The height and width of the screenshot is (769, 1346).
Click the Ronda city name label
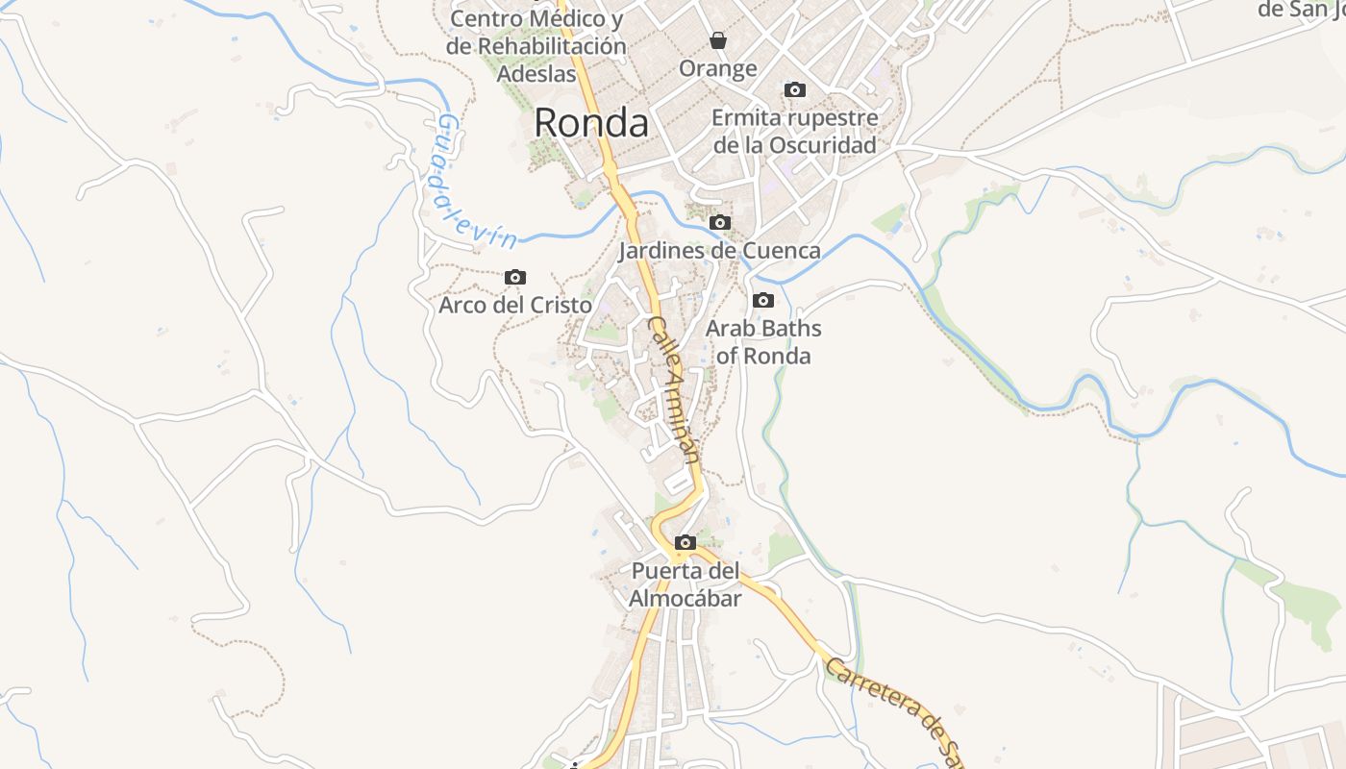(x=591, y=123)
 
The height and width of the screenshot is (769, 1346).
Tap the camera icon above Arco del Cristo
(x=515, y=278)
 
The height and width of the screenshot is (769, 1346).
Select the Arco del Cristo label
(x=515, y=305)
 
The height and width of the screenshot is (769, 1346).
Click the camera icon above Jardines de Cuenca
(x=719, y=223)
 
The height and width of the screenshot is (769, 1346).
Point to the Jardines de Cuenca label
(x=719, y=251)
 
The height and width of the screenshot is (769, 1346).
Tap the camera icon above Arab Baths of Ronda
(x=763, y=300)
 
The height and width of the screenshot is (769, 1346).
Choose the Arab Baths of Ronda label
(x=763, y=341)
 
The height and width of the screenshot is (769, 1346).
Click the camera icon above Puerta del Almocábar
(x=685, y=543)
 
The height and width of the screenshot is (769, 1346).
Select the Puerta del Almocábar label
(x=685, y=584)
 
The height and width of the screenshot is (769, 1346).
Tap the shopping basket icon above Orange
(x=718, y=40)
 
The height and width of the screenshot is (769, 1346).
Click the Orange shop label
(x=718, y=68)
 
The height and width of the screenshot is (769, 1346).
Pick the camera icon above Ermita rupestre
(x=795, y=90)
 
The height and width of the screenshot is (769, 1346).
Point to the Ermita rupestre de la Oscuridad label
(x=795, y=132)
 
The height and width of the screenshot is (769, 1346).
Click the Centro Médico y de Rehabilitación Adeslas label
(x=536, y=45)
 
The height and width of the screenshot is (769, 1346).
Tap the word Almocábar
(x=685, y=599)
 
